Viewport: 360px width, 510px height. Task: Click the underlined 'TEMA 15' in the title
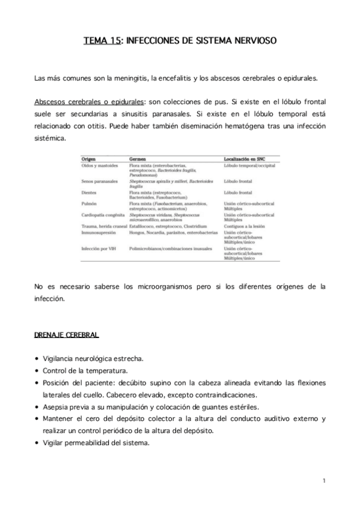pos(102,41)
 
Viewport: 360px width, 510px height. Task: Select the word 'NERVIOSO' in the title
pos(255,41)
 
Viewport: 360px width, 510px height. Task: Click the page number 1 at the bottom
pos(323,481)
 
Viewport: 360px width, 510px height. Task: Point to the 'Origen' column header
pos(89,158)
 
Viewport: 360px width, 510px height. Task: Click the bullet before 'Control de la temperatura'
pos(37,371)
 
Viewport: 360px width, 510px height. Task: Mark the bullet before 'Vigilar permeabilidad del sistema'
pos(37,444)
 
